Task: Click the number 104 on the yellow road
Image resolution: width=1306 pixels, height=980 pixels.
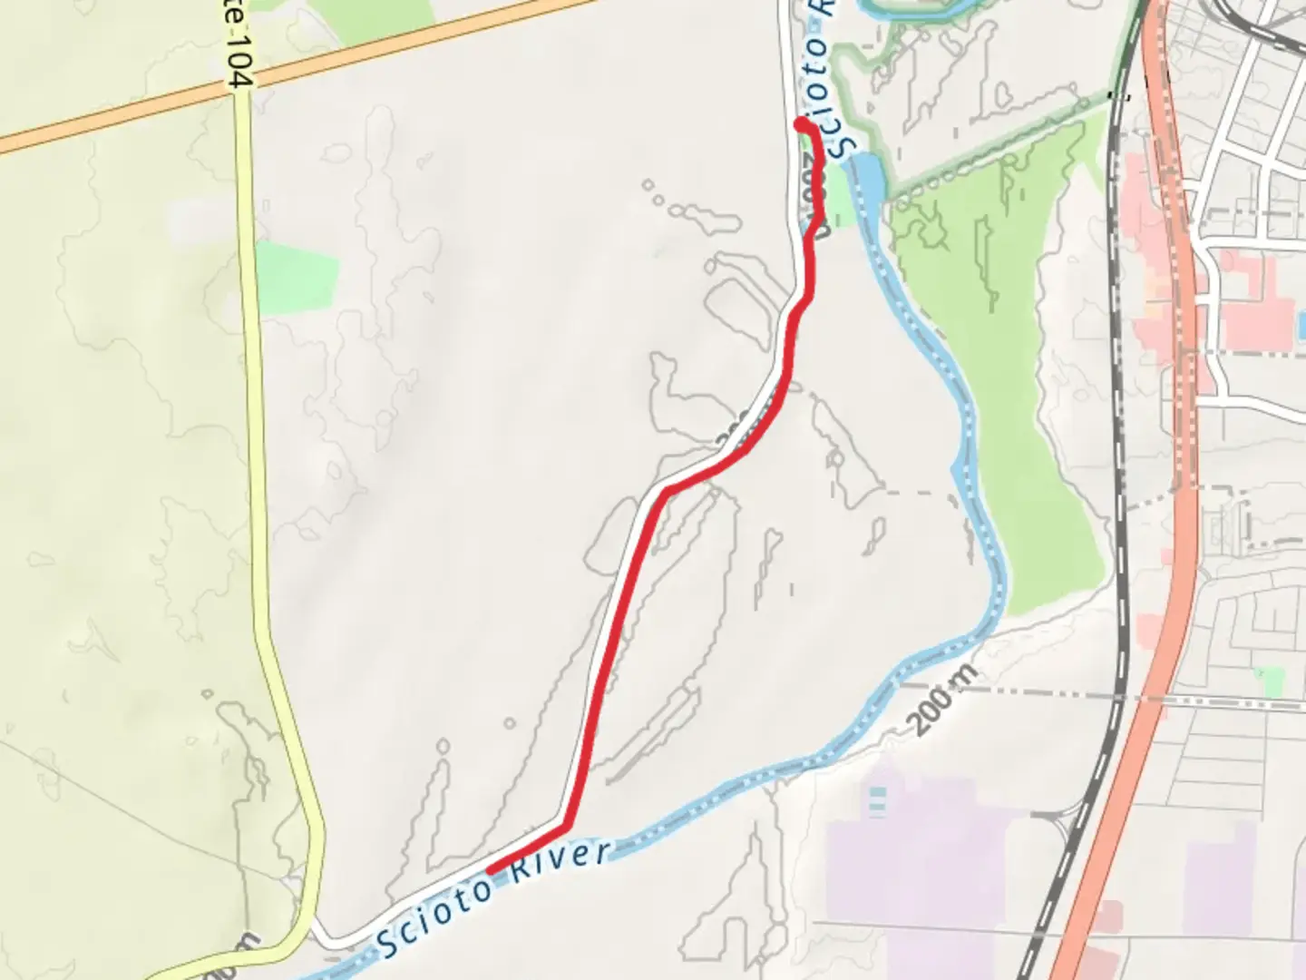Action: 239,71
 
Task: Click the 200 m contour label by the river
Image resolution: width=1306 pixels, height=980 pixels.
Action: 942,700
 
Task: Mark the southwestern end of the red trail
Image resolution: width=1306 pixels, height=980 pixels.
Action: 491,869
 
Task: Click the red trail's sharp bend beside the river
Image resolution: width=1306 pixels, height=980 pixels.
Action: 566,826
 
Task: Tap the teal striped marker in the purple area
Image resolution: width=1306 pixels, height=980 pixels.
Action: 877,799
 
